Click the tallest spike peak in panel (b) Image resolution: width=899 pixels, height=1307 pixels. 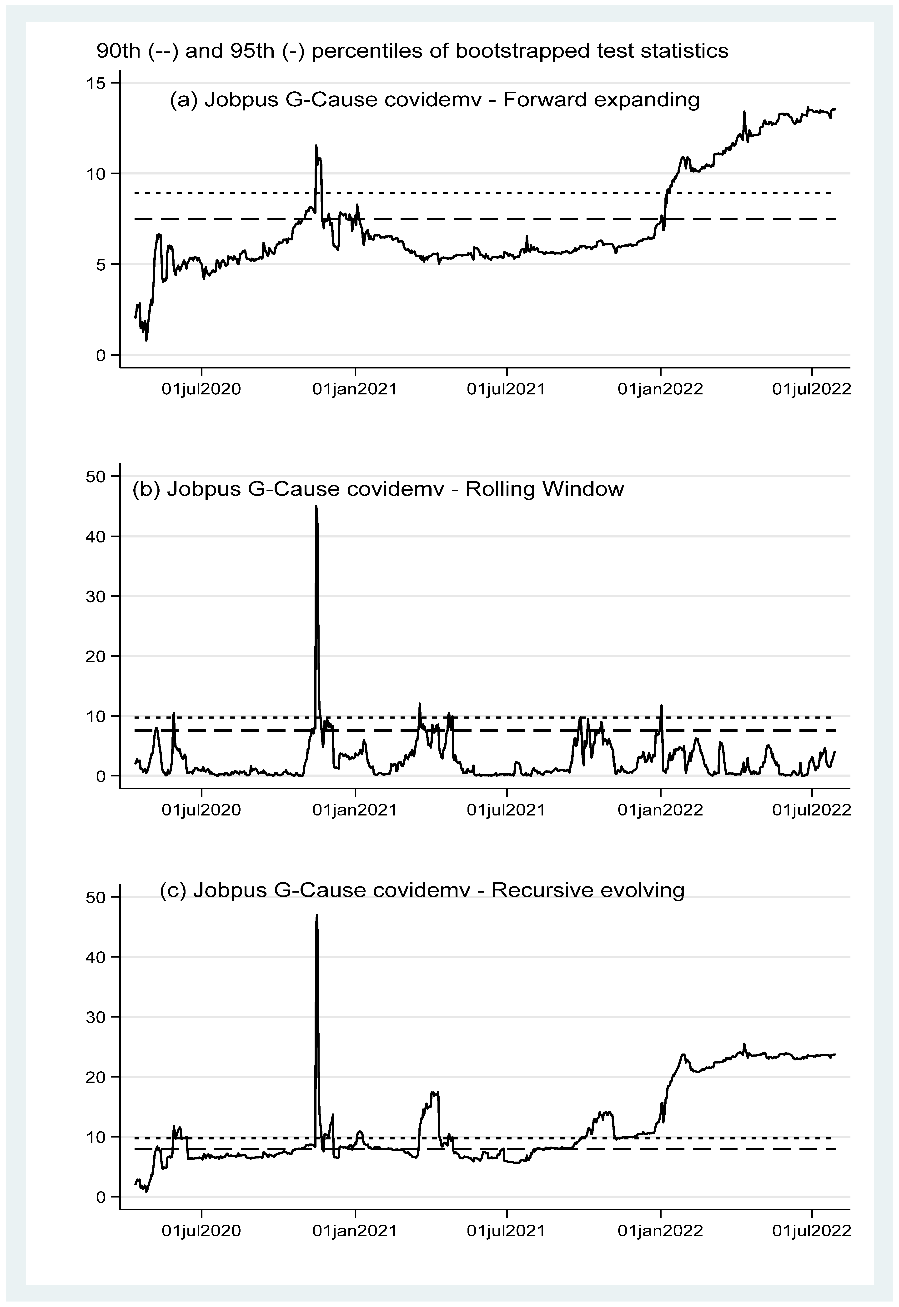tap(316, 507)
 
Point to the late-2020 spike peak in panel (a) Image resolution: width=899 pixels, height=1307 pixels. tap(316, 146)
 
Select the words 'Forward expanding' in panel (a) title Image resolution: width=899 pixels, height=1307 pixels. tap(601, 100)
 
